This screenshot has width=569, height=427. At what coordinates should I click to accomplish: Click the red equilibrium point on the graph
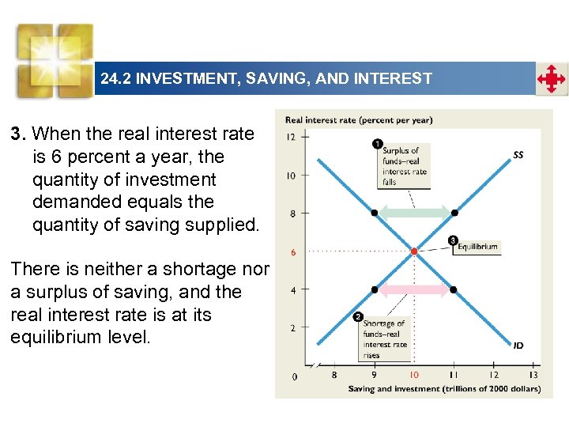click(x=414, y=251)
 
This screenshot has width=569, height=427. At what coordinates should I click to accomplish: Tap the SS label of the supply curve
click(x=518, y=155)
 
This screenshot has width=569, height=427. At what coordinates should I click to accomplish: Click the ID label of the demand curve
click(x=518, y=346)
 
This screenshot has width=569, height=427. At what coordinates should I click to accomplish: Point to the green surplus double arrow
click(x=414, y=212)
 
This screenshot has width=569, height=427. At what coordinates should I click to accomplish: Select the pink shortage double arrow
click(x=414, y=289)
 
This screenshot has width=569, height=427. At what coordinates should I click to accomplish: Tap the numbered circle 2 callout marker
click(x=358, y=317)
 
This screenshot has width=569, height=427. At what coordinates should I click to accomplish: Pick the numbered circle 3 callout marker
click(x=453, y=240)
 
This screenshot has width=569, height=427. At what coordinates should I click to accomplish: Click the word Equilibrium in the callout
click(x=478, y=247)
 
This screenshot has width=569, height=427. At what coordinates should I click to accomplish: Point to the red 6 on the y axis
click(x=293, y=252)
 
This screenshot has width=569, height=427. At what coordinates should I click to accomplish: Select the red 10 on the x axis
click(x=413, y=375)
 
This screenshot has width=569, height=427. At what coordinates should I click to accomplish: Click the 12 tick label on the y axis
click(x=291, y=137)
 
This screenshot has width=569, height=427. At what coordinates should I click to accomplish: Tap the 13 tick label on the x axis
click(x=533, y=375)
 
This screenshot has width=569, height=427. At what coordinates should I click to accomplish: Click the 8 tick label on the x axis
click(x=333, y=375)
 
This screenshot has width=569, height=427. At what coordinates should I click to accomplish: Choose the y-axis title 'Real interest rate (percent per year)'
click(x=358, y=120)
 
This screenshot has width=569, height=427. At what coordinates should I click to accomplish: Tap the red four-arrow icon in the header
click(x=551, y=79)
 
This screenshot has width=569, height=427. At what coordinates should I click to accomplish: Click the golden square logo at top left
click(x=55, y=59)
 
